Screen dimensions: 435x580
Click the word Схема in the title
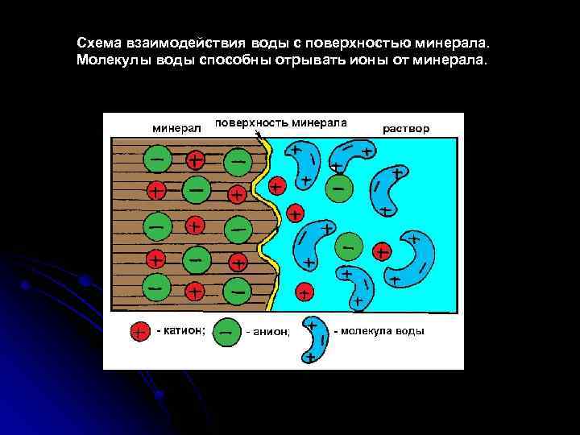(x=98, y=42)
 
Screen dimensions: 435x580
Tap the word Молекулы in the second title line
(x=109, y=60)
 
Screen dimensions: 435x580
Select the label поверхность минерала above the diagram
(x=281, y=123)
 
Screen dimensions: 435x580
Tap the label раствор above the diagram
(x=406, y=127)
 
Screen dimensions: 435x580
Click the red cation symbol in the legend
(x=139, y=331)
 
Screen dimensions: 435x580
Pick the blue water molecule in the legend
(x=315, y=340)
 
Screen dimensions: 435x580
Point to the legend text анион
(x=267, y=331)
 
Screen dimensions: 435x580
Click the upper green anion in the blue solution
(x=339, y=188)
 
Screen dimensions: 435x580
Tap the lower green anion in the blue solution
(x=349, y=244)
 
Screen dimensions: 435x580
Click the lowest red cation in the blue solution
(x=304, y=291)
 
